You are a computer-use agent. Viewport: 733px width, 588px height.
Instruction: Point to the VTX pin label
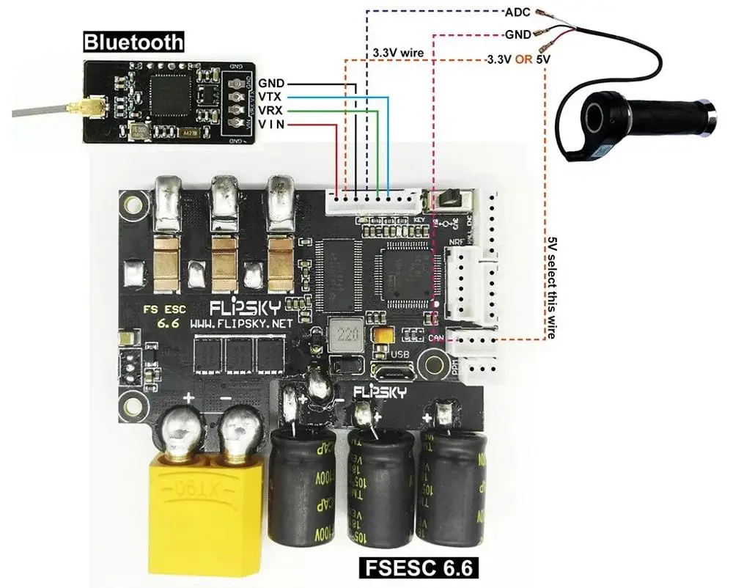coord(272,97)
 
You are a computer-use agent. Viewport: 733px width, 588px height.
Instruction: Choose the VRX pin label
coord(272,111)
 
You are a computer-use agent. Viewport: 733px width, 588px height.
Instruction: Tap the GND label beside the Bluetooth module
coord(272,83)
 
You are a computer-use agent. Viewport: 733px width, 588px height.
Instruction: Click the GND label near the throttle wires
coord(518,34)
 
